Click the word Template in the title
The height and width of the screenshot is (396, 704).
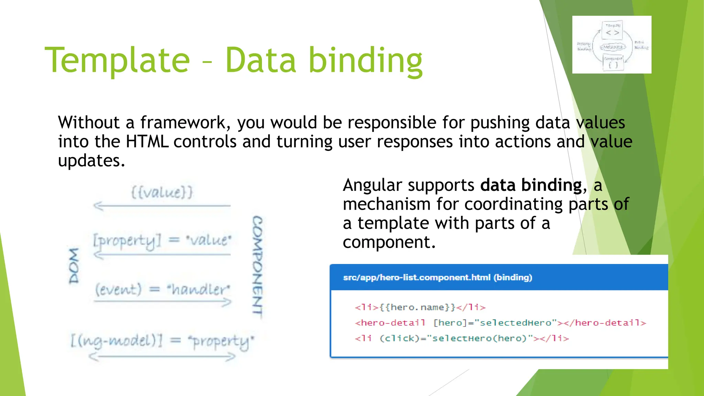[x=117, y=60]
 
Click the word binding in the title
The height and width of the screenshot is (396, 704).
[x=365, y=60]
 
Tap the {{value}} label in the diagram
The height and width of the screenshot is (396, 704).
[x=162, y=192]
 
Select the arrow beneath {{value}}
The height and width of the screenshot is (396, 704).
[x=162, y=206]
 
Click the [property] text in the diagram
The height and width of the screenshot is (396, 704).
[x=127, y=241]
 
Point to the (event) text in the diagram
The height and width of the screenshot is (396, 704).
[x=118, y=289]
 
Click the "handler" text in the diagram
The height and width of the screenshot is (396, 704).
[x=198, y=289]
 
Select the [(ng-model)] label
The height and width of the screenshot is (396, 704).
[x=116, y=340]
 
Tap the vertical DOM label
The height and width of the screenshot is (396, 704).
[x=74, y=265]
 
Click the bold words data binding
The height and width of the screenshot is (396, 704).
[x=531, y=185]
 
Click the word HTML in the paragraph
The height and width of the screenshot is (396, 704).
[x=147, y=142]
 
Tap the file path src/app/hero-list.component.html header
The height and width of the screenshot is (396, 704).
[x=437, y=277]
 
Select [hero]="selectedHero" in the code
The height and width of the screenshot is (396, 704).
[x=495, y=323]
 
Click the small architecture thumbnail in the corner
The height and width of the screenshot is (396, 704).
[x=612, y=44]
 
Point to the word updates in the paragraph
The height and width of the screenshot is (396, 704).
[x=91, y=161]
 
